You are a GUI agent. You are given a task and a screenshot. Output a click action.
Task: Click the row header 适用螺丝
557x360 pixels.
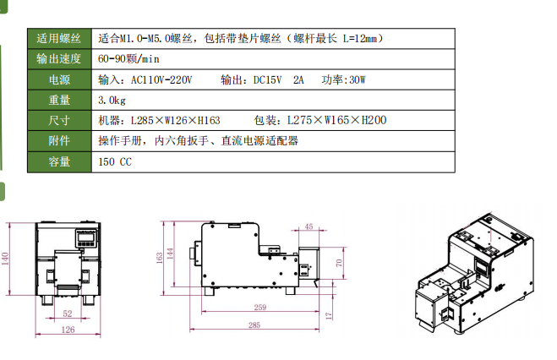(x=59, y=38)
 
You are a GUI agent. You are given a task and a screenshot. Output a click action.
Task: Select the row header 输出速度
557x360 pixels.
(x=59, y=59)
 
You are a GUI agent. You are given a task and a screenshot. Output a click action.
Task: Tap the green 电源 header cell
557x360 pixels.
(x=59, y=79)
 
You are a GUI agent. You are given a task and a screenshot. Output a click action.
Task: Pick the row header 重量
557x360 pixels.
(x=59, y=100)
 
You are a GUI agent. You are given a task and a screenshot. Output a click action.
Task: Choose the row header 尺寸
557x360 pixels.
(x=59, y=120)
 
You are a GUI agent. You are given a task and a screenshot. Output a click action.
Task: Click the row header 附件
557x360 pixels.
(x=59, y=141)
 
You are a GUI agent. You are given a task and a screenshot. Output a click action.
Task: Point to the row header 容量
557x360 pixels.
(x=59, y=162)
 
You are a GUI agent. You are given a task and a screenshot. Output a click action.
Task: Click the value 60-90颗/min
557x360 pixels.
(x=128, y=59)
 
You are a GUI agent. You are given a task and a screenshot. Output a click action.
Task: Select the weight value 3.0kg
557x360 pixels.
(x=112, y=101)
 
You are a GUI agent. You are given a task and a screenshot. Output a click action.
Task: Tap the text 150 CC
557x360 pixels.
(x=115, y=162)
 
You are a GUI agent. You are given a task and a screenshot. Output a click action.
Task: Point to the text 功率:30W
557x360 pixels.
(x=343, y=80)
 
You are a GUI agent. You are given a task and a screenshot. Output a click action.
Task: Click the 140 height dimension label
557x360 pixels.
(x=5, y=259)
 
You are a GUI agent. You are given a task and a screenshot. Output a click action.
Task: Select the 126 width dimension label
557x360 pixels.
(x=68, y=330)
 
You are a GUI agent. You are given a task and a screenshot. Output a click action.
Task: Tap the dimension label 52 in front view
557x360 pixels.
(x=68, y=314)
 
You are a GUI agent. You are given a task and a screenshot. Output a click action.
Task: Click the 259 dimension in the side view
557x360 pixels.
(x=260, y=307)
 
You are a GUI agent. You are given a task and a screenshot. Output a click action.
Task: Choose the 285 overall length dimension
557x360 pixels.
(x=254, y=325)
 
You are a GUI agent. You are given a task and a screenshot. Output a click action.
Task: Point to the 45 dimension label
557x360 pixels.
(x=309, y=226)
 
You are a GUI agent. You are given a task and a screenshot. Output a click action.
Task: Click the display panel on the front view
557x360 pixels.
(x=86, y=237)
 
